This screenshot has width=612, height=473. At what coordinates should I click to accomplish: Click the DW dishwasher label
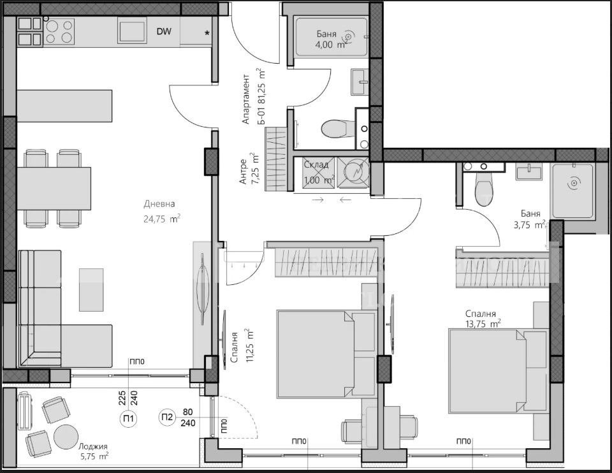[x=163, y=31]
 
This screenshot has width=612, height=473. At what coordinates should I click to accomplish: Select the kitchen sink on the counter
[x=133, y=31]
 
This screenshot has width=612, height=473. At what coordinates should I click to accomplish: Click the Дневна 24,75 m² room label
[x=160, y=211]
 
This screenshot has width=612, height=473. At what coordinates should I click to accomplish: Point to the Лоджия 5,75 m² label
[x=89, y=451]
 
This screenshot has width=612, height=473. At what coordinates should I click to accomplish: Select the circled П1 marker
[x=128, y=418]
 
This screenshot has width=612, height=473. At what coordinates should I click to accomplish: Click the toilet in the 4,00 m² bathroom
[x=334, y=129]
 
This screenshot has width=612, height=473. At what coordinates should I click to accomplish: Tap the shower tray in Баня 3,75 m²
[x=572, y=190]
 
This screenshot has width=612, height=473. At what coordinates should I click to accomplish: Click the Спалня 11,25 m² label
[x=241, y=347]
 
